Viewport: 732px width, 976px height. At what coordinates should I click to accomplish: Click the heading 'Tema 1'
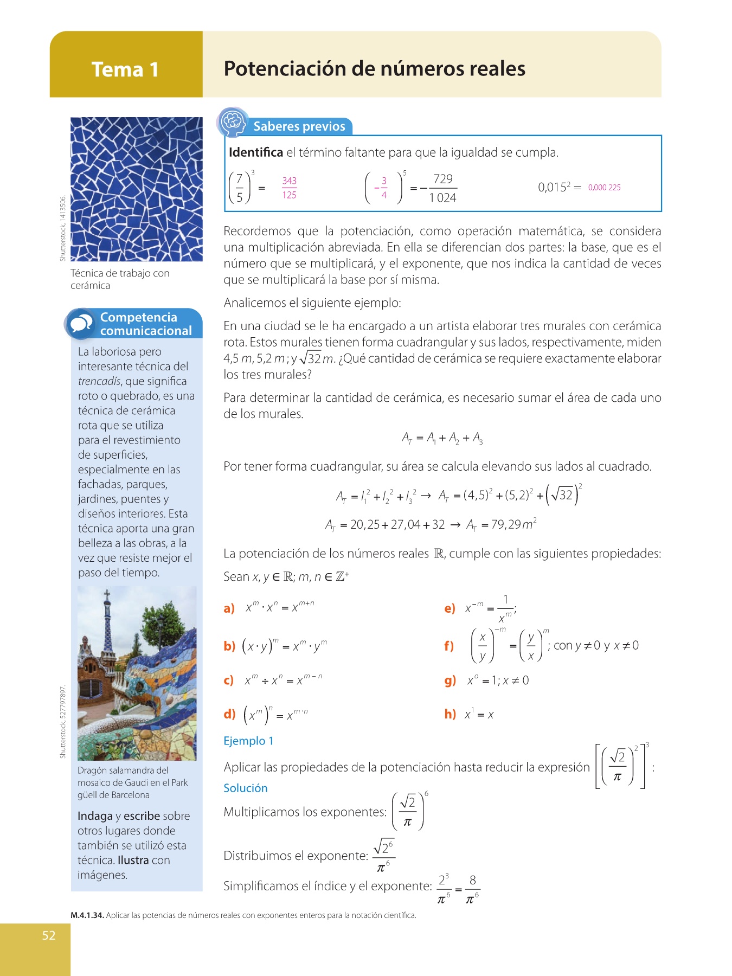pos(125,69)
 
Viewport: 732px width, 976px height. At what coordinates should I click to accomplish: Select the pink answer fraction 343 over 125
pos(289,188)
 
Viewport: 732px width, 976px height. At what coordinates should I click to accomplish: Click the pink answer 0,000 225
pos(604,188)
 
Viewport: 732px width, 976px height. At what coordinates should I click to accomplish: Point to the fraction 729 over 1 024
pos(442,188)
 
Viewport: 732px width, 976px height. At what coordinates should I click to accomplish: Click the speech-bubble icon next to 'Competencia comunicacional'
pos(81,324)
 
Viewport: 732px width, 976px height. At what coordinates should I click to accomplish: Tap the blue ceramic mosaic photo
pos(136,189)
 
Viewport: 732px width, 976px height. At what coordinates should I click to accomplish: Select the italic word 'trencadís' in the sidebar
pos(99,381)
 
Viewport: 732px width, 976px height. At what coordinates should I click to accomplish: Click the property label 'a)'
pos(229,608)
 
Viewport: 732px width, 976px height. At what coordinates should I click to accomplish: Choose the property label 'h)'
pos(450,714)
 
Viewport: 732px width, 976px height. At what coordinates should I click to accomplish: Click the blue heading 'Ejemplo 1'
pos(248,741)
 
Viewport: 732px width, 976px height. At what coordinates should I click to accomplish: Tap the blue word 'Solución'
pos(245,788)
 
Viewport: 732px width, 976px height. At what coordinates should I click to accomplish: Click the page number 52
pos(49,935)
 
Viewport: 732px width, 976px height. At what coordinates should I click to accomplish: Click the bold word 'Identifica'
pos(255,152)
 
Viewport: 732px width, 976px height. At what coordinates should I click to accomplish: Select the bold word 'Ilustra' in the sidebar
pos(133,860)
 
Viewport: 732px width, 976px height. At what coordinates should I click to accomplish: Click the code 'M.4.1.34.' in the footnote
pos(87,915)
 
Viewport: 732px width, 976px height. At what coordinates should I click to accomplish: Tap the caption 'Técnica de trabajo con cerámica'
pos(120,279)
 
